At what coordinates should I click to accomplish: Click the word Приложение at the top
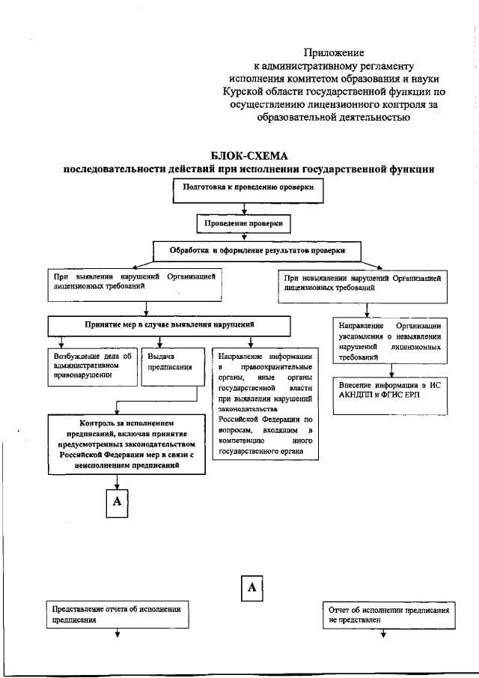point(333,52)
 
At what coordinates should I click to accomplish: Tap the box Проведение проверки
point(243,223)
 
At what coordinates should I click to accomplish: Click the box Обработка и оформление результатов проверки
point(258,249)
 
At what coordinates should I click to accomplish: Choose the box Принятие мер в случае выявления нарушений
point(169,325)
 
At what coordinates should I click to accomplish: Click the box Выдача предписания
point(172,366)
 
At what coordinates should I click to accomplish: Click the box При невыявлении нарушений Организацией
point(366,283)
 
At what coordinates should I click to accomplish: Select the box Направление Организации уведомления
point(390,342)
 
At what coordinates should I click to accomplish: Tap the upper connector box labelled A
point(117,503)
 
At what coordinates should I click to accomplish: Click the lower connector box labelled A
point(252,589)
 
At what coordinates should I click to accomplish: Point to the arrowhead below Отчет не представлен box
point(382,635)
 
